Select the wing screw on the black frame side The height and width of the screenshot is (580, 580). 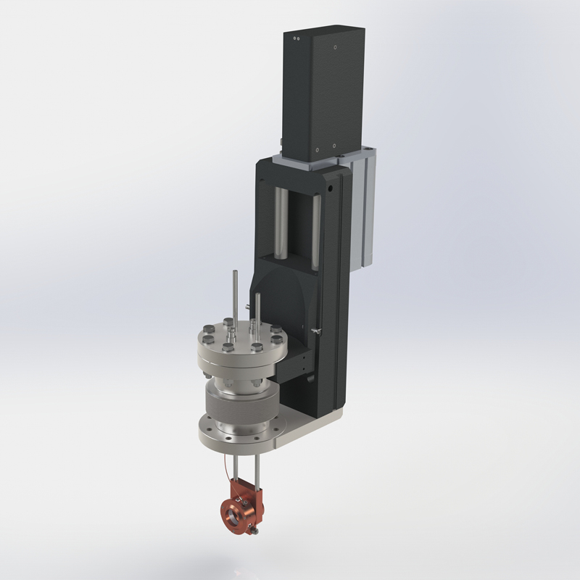coord(317,331)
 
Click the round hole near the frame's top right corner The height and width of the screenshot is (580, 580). coord(331,186)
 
